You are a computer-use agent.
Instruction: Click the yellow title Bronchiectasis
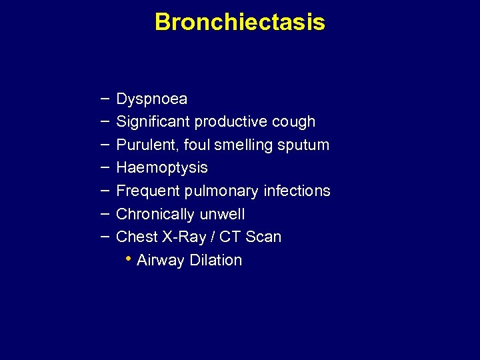[240, 22]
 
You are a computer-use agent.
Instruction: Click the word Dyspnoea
[152, 99]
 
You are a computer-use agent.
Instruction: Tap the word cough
[293, 122]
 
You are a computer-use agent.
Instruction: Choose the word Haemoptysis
[162, 167]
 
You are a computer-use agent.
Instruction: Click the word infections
[297, 191]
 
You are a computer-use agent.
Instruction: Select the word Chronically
[153, 214]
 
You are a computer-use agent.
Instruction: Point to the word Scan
[263, 237]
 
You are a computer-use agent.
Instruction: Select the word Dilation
[216, 260]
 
